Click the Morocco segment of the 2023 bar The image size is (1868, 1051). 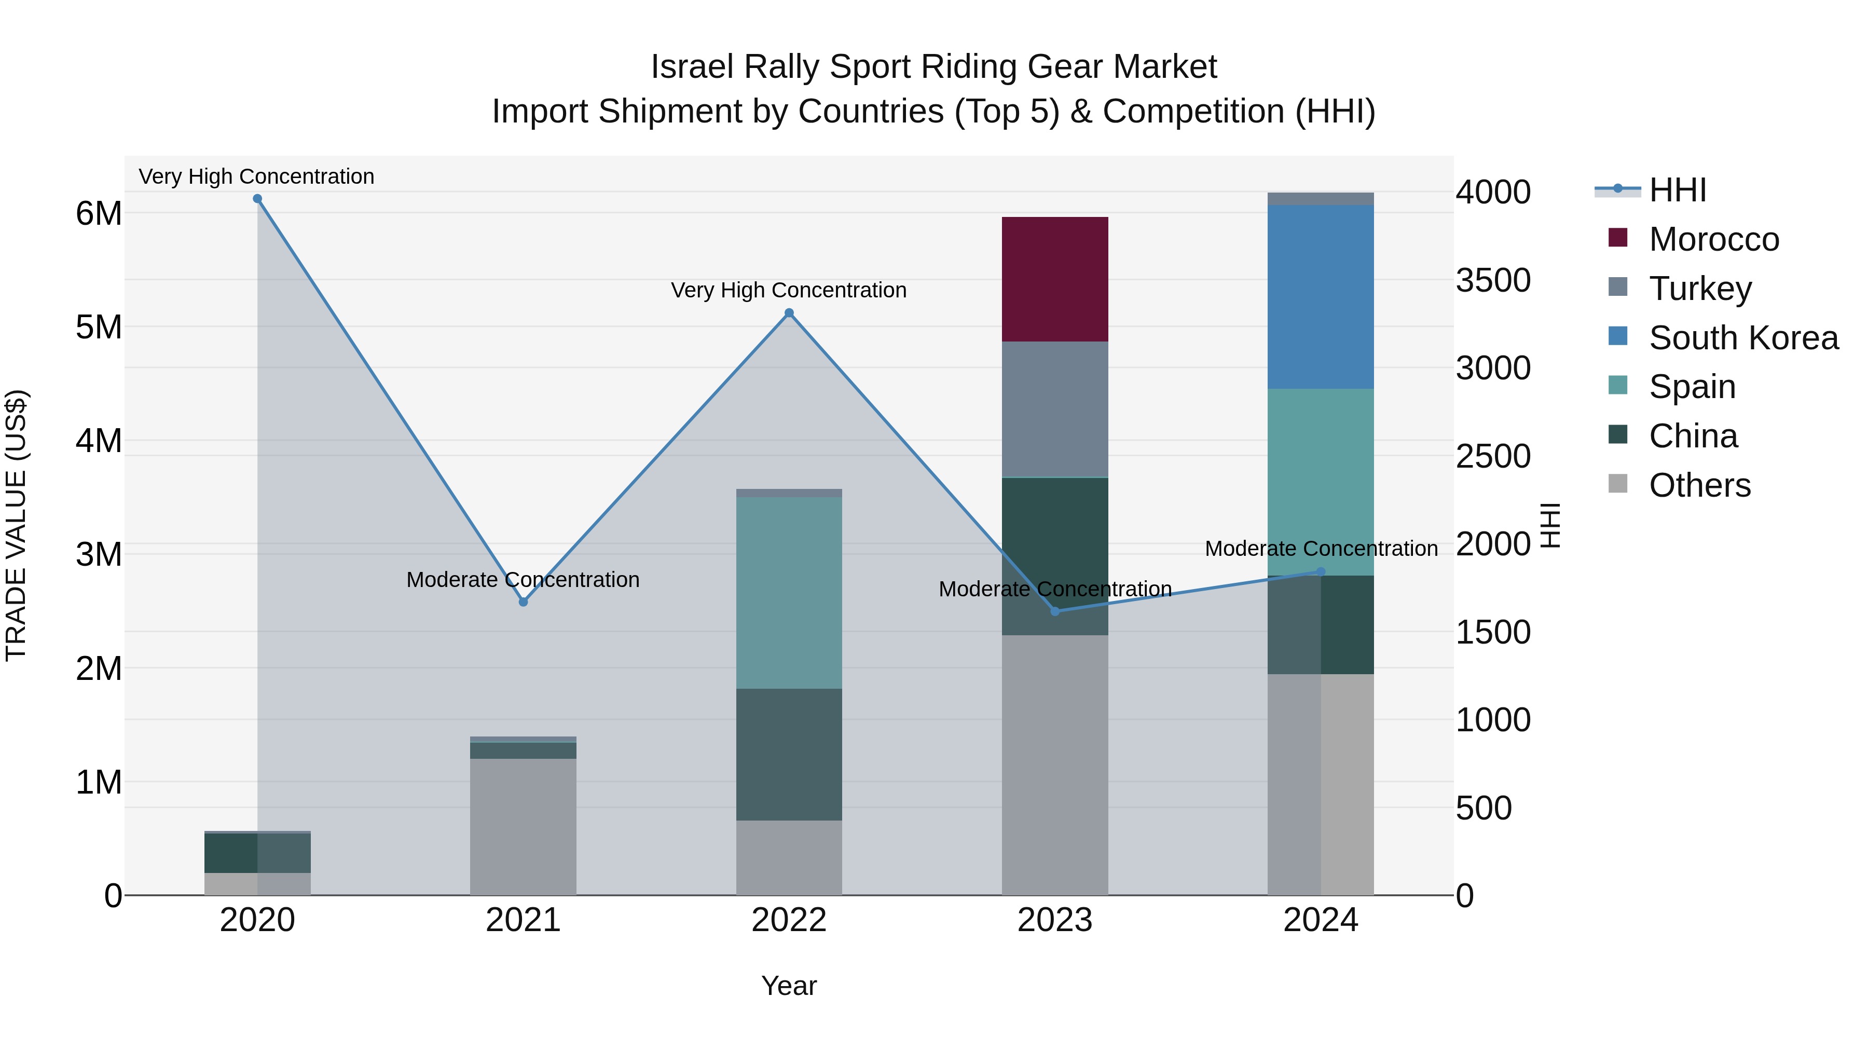pos(1054,279)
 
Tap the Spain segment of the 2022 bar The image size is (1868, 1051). pos(789,593)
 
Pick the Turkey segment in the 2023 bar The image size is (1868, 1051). pos(1054,409)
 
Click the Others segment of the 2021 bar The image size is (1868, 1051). pos(523,826)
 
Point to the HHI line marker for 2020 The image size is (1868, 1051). pos(257,199)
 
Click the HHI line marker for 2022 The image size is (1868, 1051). pos(789,313)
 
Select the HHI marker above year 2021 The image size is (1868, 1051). pos(523,602)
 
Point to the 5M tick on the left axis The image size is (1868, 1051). pos(99,327)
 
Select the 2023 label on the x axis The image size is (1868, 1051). pos(1054,920)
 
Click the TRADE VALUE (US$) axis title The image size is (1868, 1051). pos(16,525)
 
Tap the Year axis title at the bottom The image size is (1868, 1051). pos(789,986)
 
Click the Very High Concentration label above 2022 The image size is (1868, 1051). pos(788,290)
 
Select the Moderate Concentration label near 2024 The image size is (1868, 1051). pos(1321,549)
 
